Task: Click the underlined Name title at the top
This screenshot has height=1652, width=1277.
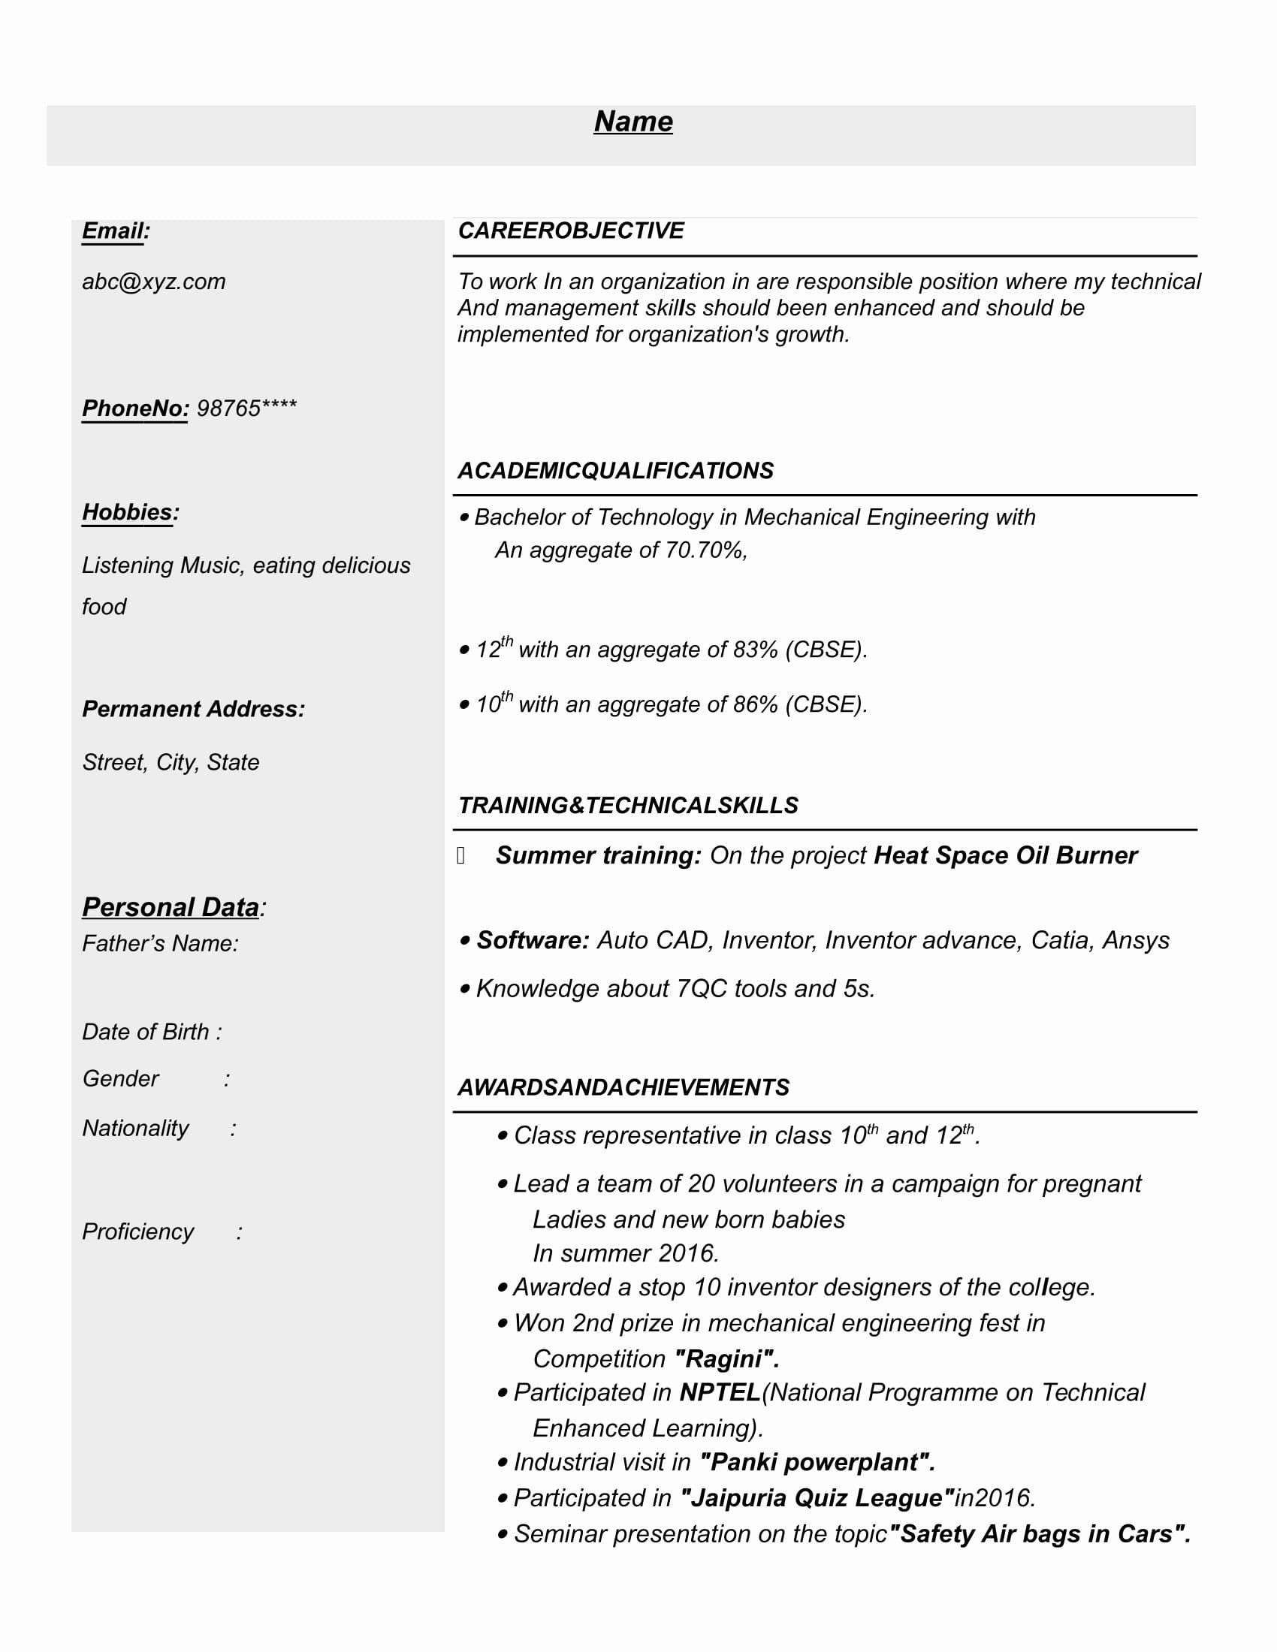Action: click(x=633, y=122)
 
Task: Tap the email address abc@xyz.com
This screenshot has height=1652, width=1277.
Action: click(x=153, y=282)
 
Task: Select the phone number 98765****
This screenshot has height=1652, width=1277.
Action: click(x=246, y=408)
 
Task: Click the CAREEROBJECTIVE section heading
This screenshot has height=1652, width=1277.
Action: click(x=570, y=231)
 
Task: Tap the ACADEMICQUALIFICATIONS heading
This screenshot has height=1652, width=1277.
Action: click(x=615, y=471)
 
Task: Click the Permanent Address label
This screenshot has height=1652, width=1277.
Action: click(x=194, y=709)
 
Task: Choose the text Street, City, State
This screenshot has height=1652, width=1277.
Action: click(x=171, y=762)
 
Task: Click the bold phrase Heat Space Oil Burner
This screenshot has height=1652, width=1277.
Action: click(x=1004, y=855)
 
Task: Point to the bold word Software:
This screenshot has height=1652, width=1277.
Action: click(x=533, y=940)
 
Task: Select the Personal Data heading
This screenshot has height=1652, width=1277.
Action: click(x=171, y=907)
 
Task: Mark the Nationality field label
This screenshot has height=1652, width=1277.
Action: click(x=135, y=1128)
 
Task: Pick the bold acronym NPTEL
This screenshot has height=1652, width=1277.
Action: click(x=720, y=1392)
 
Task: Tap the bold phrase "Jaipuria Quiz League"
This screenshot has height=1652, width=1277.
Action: click(x=817, y=1498)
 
